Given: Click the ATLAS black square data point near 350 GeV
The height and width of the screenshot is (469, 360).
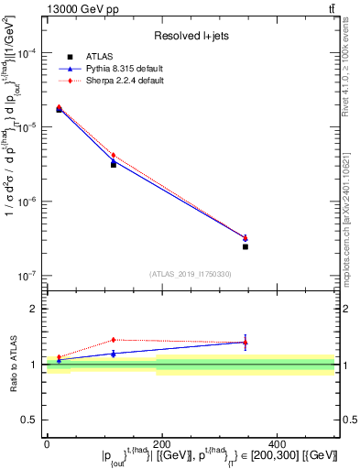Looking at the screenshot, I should [x=245, y=246].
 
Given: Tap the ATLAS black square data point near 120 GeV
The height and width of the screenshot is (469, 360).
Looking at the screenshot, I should [x=114, y=164].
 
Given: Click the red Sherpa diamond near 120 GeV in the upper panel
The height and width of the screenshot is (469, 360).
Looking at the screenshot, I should [x=114, y=156].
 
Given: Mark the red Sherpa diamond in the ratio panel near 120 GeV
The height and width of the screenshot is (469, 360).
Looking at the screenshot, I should [x=114, y=340].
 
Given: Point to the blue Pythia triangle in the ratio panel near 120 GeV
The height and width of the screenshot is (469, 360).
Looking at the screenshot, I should [x=114, y=353].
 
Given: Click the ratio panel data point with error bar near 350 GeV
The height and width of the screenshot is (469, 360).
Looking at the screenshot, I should [x=245, y=343].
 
